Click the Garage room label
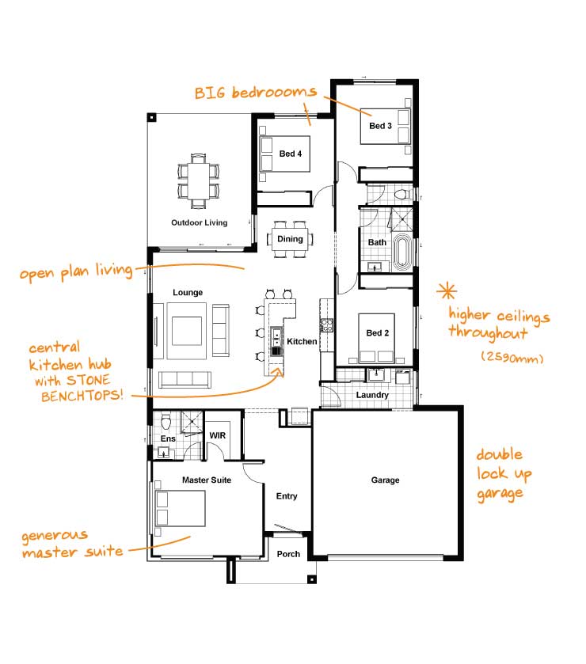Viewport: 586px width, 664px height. (x=386, y=480)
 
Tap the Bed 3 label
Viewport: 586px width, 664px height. (x=380, y=126)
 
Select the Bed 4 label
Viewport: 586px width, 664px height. (x=291, y=154)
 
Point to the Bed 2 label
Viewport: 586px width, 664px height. (x=378, y=333)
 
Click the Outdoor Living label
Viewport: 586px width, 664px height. (x=199, y=222)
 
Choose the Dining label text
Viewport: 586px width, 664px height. (x=290, y=239)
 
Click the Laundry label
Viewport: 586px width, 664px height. (x=371, y=394)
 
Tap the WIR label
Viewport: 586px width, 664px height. (x=217, y=435)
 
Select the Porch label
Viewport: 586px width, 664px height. (x=288, y=554)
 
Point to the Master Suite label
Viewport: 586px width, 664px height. (x=206, y=480)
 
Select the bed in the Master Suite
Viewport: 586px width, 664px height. (x=181, y=508)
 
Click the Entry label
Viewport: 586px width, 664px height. (x=287, y=496)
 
